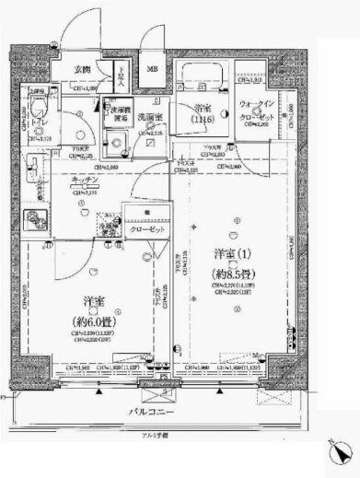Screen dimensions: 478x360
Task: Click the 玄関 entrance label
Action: coord(82,70)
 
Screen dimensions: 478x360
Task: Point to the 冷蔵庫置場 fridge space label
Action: coord(110,227)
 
